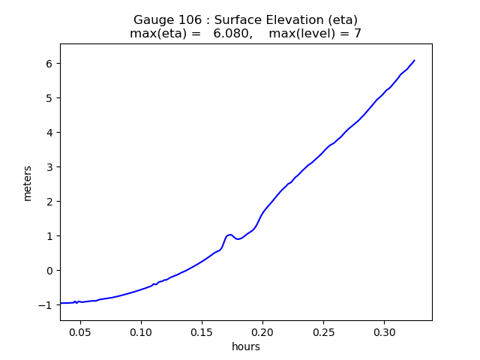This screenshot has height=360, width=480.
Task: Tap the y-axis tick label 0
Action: pyautogui.click(x=50, y=271)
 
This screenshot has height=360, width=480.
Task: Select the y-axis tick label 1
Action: pyautogui.click(x=50, y=236)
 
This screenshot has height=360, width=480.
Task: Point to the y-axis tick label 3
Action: pyautogui.click(x=50, y=167)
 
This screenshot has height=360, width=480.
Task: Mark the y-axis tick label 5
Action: pyautogui.click(x=50, y=98)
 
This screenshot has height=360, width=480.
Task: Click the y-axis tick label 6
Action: pyautogui.click(x=50, y=64)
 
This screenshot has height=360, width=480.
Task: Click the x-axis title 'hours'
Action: pyautogui.click(x=246, y=346)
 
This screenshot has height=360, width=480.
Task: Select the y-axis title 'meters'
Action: pyautogui.click(x=28, y=183)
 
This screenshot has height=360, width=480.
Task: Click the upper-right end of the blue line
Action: pyautogui.click(x=414, y=60)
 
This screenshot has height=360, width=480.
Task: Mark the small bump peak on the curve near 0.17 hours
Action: pyautogui.click(x=229, y=235)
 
